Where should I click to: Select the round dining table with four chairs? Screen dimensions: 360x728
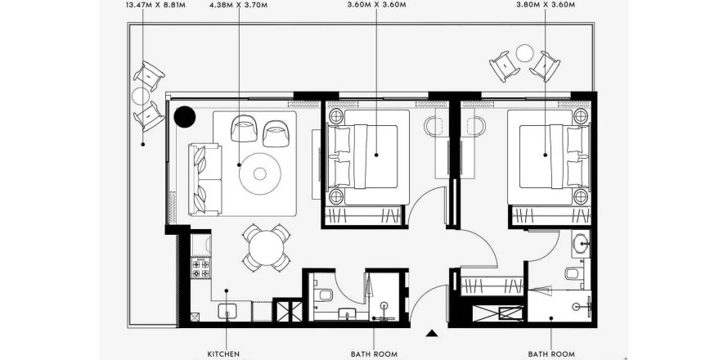tap(262, 247)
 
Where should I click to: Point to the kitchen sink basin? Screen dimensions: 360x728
tap(228, 312)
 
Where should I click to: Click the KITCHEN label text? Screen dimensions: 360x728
tap(222, 354)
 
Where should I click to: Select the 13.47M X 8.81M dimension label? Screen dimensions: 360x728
tap(155, 4)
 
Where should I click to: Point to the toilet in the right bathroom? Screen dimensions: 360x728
tap(574, 273)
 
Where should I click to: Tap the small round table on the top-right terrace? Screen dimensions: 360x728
tap(524, 56)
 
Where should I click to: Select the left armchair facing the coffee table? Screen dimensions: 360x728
tap(243, 128)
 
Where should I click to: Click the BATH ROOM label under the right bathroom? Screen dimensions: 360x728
tap(550, 354)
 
